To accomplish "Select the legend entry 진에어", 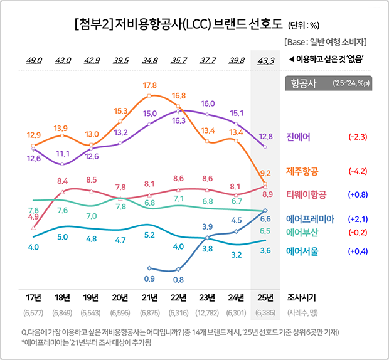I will point(299,137).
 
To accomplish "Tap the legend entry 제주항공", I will point(302,171).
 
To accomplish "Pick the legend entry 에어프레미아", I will point(309,219).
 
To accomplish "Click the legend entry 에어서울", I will point(302,251).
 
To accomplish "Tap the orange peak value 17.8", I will point(149,85).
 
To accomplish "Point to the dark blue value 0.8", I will point(179,279).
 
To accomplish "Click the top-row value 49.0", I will point(33,60).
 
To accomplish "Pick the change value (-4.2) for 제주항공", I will point(357,171).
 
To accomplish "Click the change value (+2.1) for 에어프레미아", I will point(357,219).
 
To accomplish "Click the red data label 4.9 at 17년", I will point(33,216).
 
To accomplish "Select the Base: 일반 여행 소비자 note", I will point(325,42).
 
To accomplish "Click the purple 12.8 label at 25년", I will point(265,136).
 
